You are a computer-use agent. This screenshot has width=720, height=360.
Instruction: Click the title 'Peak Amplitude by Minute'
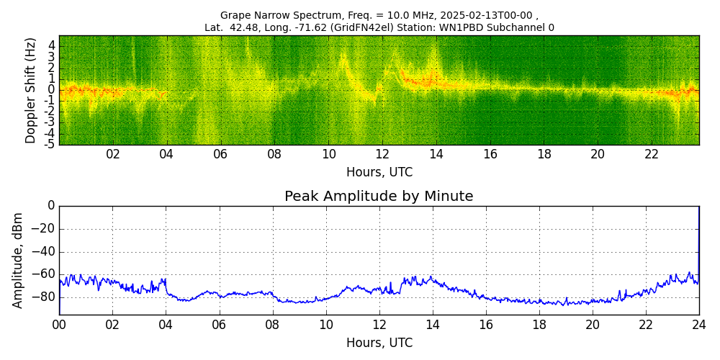tap(379, 197)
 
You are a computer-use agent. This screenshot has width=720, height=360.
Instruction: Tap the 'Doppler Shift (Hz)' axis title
tap(31, 90)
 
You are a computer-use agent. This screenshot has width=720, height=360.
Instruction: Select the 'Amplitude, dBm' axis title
tap(18, 260)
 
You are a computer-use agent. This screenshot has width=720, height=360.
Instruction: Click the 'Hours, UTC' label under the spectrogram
tap(379, 172)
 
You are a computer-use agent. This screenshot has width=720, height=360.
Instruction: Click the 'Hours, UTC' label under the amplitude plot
tap(379, 343)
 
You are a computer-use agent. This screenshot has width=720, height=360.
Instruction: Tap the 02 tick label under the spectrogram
tap(113, 154)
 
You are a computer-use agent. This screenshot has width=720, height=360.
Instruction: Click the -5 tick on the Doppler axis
tap(50, 144)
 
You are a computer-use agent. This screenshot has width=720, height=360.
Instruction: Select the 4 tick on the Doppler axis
tap(52, 45)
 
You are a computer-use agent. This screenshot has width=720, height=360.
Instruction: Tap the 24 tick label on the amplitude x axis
tap(698, 325)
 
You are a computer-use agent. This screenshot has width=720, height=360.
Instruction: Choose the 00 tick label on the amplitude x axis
tap(59, 325)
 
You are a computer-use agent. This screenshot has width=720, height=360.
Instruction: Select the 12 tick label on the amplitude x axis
tap(379, 325)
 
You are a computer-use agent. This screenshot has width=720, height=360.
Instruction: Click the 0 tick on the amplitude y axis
tap(50, 206)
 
